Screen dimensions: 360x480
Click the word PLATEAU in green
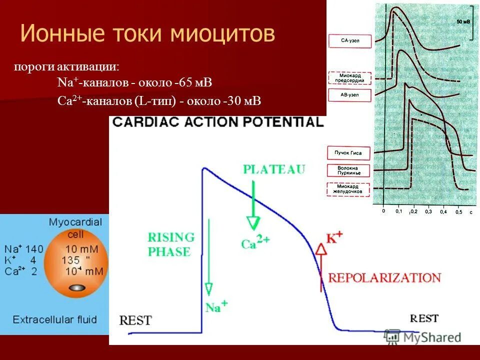273,169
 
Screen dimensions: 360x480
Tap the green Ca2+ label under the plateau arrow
255,242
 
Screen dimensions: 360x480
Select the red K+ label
334,238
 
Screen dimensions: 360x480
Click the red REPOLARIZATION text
384,277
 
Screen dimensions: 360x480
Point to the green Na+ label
216,304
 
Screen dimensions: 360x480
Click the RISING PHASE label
170,244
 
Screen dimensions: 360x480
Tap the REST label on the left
135,320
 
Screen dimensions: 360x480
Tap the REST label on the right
424,318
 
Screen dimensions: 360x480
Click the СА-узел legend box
350,41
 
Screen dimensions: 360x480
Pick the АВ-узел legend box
350,95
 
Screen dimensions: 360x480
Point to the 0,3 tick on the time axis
428,212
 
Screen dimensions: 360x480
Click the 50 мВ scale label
463,22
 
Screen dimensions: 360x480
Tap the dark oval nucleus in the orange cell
76,288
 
